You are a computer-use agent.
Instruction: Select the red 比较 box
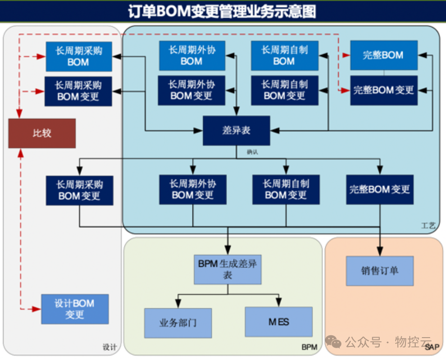coord(42,133)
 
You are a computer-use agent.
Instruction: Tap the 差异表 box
coord(236,131)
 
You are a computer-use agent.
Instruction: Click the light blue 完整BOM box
coord(384,55)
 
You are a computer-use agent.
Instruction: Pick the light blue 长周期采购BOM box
coord(78,56)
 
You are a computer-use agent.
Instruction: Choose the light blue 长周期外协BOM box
coord(192,55)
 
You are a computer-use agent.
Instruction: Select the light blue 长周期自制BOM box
coord(284,55)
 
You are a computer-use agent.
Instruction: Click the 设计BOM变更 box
coord(75,309)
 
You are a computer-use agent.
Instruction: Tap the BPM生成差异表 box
coord(227,269)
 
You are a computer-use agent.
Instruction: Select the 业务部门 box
coord(178,323)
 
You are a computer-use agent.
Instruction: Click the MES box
coord(279,322)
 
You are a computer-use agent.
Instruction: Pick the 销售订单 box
coord(379,270)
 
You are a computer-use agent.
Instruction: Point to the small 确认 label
coord(252,152)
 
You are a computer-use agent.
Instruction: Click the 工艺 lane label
coord(428,226)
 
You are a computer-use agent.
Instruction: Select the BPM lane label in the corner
coord(309,347)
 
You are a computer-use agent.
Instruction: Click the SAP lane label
coord(432,347)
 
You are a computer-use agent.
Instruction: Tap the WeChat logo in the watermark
coord(334,342)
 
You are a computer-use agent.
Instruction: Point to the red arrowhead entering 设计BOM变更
coord(38,309)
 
